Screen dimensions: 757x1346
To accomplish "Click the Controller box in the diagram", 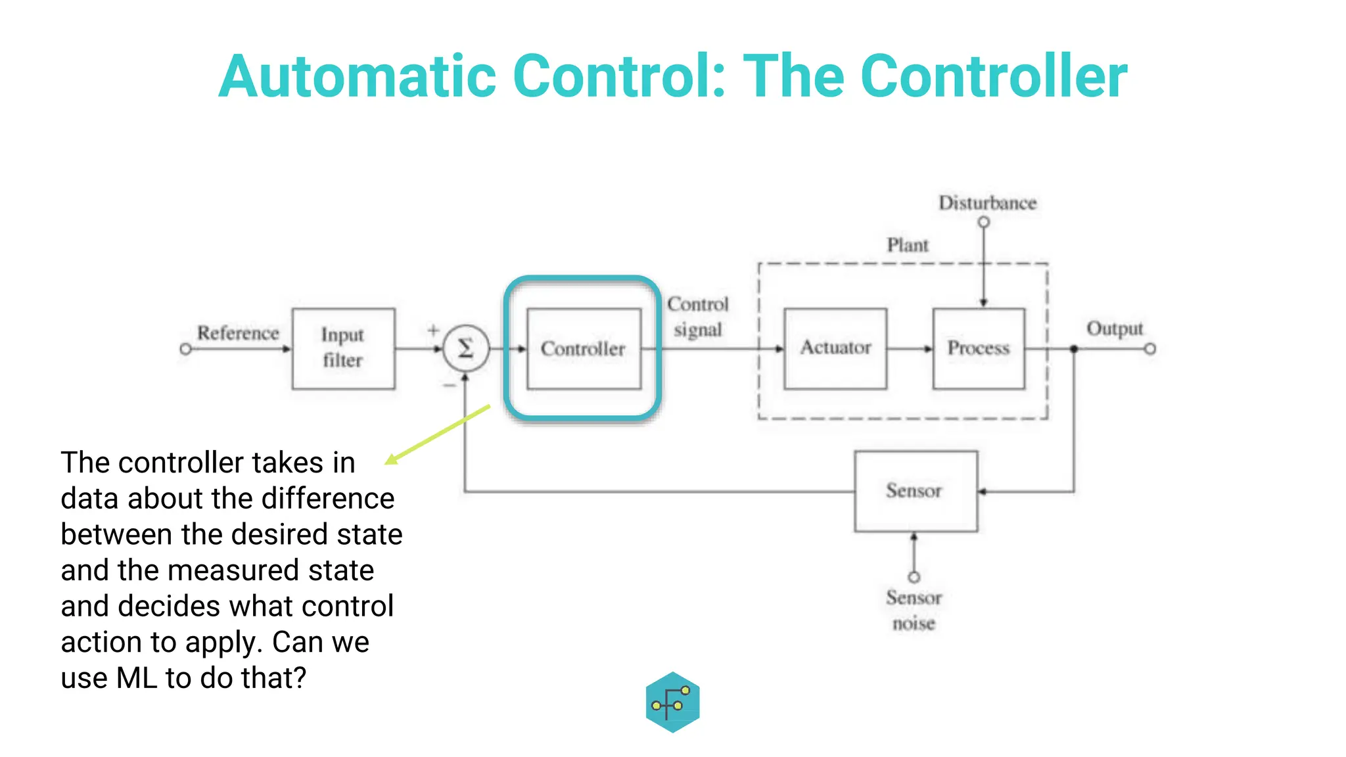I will point(584,349).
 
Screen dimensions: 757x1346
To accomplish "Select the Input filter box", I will point(343,348).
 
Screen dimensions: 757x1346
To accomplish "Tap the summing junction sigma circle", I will point(465,348).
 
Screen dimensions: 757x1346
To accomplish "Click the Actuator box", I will point(835,348).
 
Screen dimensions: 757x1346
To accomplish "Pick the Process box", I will point(979,348).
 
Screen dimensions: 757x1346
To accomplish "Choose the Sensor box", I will point(915,491).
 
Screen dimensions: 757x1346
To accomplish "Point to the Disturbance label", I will point(987,203).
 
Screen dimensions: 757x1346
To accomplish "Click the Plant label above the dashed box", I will point(908,246).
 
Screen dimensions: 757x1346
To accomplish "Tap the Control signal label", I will point(697,317).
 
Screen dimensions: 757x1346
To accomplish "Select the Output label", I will point(1115,329).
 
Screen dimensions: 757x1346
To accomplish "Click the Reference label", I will point(238,333).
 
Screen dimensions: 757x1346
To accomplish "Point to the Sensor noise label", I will point(914,610).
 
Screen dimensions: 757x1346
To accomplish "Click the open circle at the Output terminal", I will point(1149,349).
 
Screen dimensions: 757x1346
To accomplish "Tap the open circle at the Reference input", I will point(185,349).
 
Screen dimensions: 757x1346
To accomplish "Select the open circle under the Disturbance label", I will point(984,222).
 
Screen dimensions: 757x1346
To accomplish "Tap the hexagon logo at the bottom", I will point(672,702).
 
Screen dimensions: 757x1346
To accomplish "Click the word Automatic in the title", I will point(357,77).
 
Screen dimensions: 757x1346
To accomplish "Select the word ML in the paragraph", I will point(136,678).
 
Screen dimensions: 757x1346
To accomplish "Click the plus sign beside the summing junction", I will point(433,330).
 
